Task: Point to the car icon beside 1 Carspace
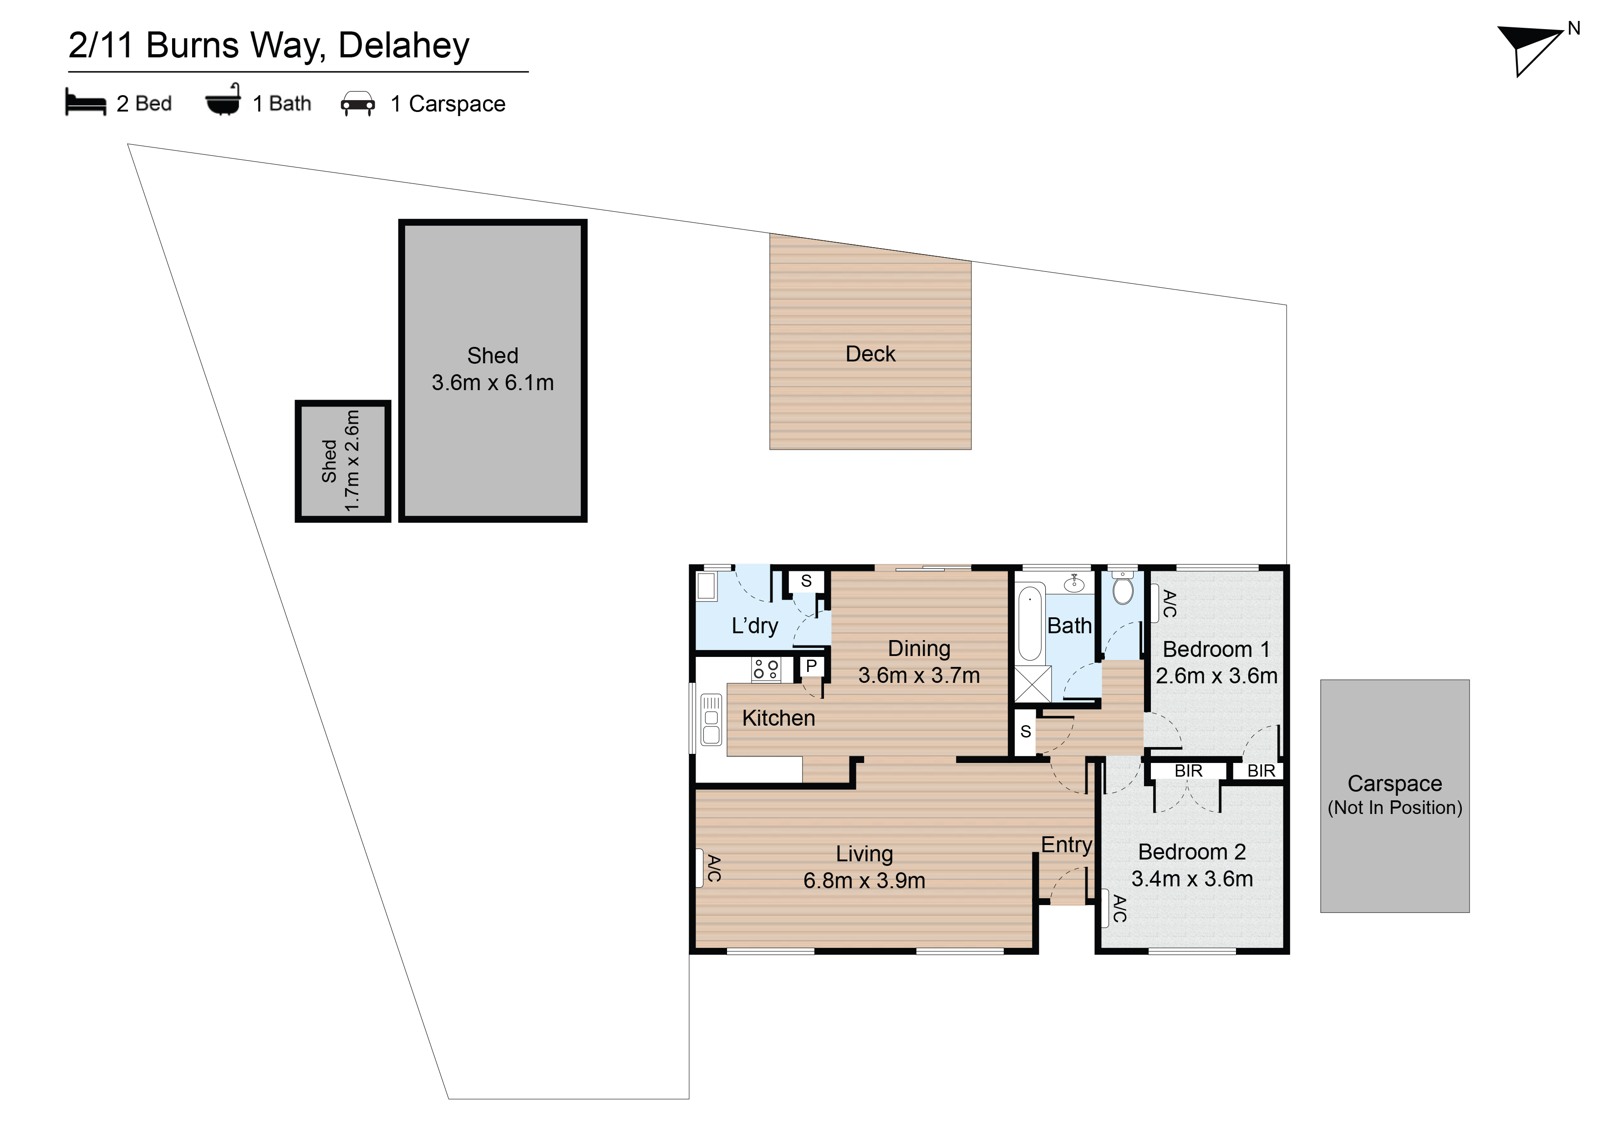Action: click(x=357, y=104)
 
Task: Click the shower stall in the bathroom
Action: click(x=1033, y=685)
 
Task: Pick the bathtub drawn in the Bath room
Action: click(x=1030, y=623)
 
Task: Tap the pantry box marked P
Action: click(x=811, y=666)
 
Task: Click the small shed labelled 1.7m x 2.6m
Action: click(x=342, y=461)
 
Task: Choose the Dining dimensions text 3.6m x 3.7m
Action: click(x=919, y=675)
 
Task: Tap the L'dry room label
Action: click(x=755, y=626)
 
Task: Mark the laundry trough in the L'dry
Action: click(x=707, y=586)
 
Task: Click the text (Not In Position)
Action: click(x=1394, y=808)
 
